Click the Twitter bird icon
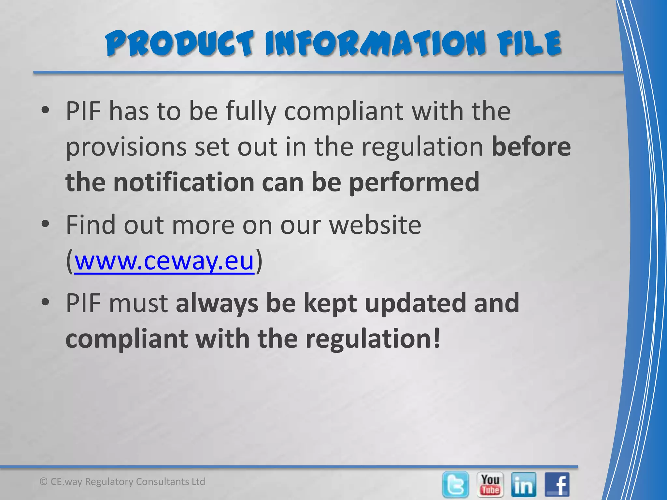(456, 484)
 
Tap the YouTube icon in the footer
(490, 484)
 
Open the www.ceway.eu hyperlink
(164, 261)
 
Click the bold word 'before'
(531, 147)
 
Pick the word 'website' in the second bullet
(375, 225)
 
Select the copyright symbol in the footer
(43, 482)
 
